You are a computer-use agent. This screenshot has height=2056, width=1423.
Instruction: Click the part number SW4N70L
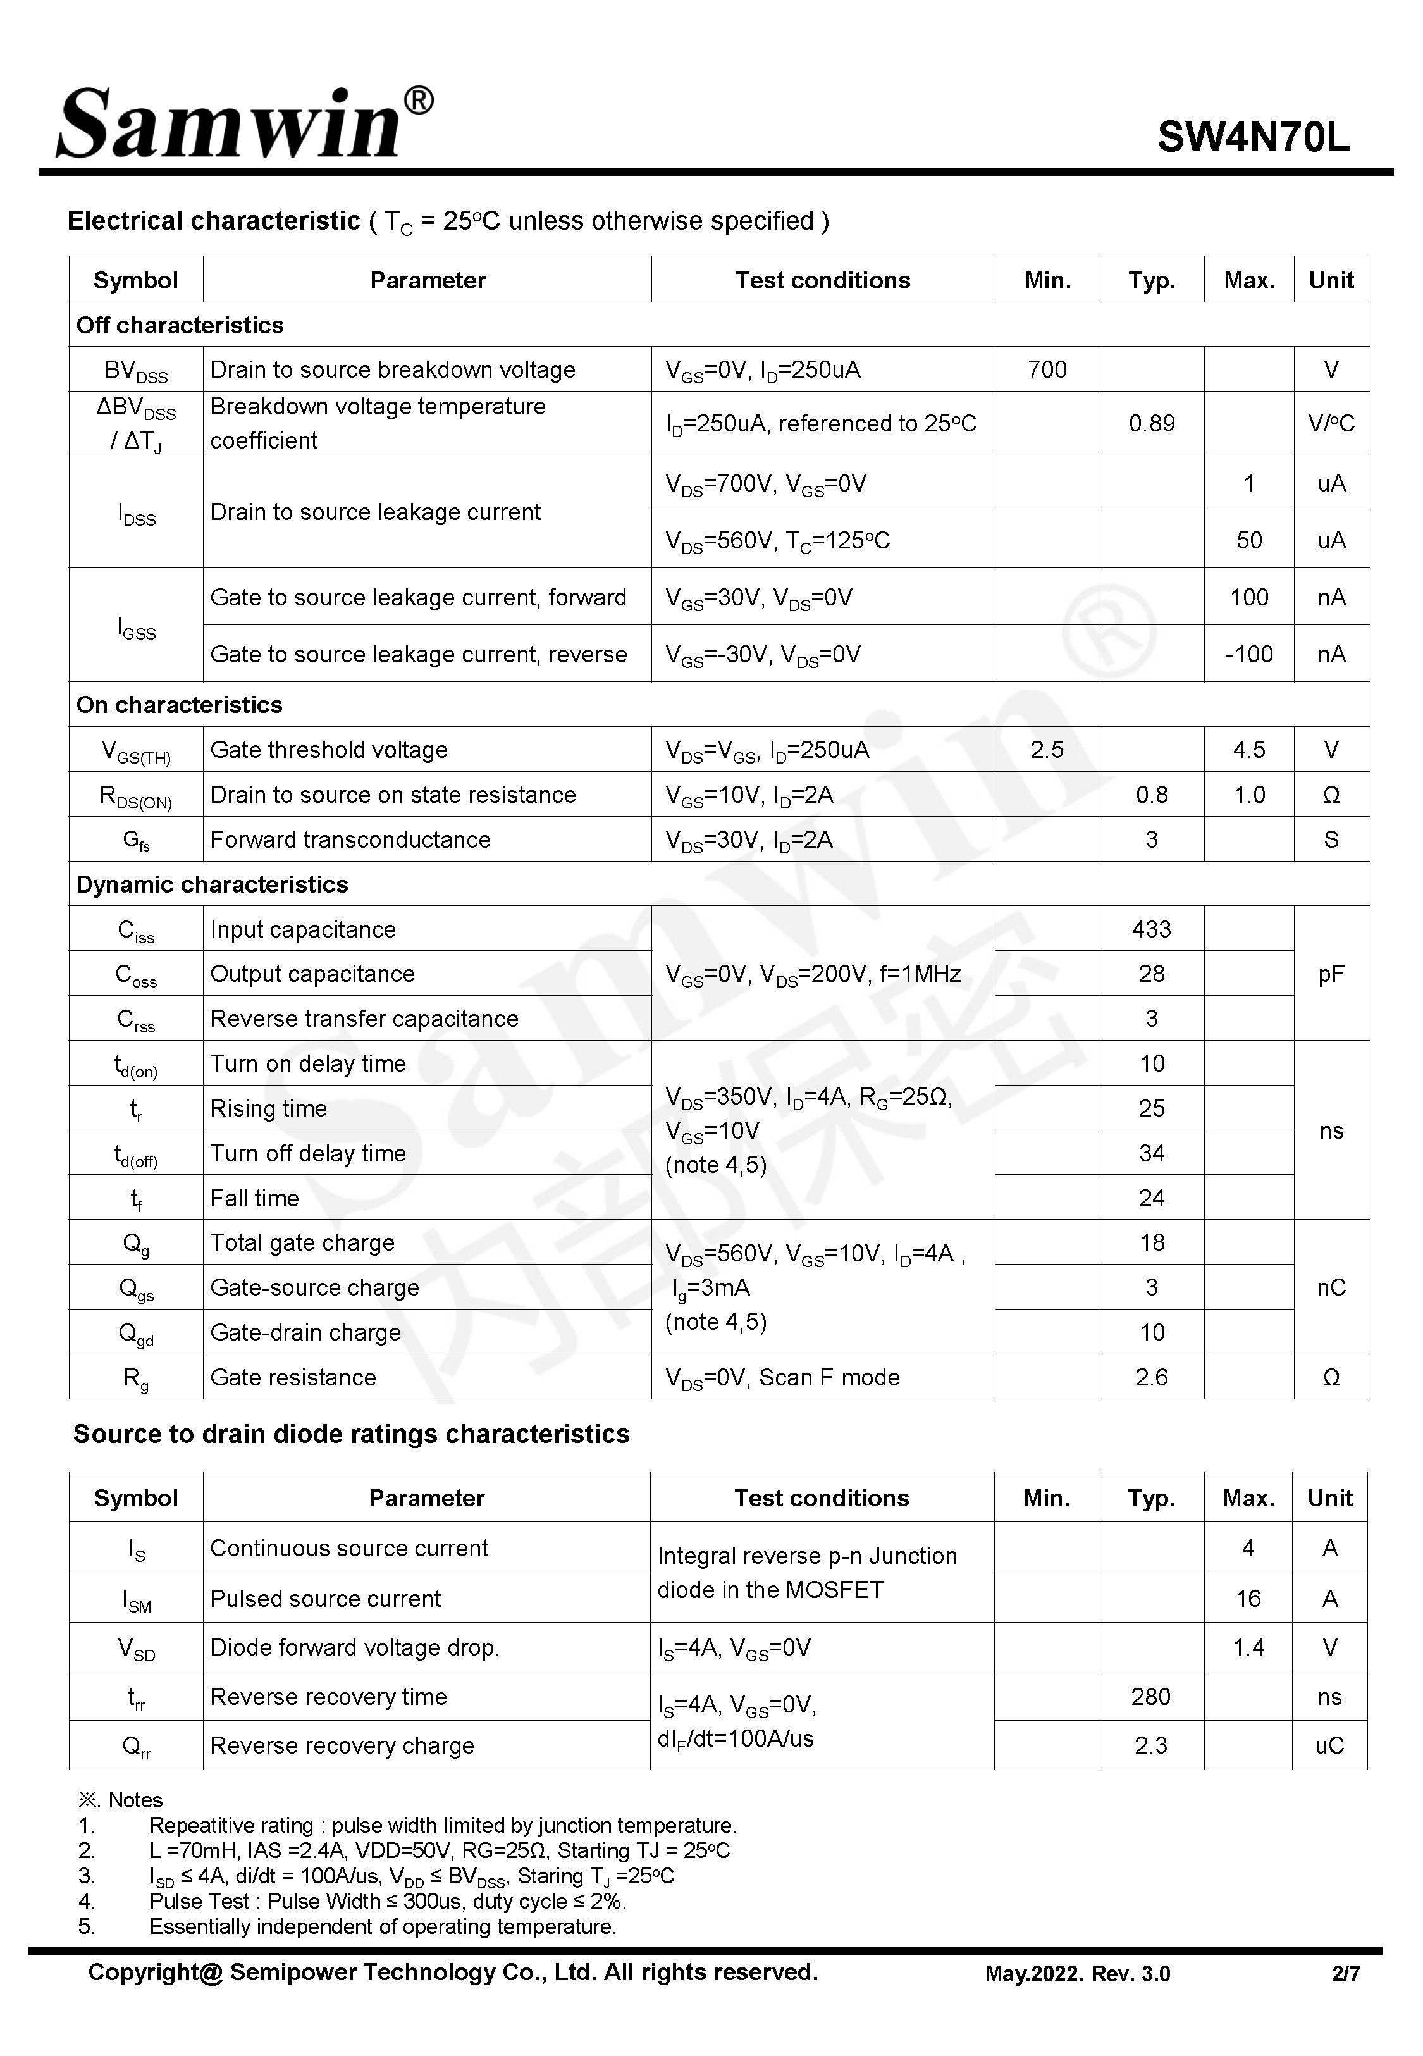click(1253, 137)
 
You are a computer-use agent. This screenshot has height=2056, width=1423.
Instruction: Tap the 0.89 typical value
click(1151, 423)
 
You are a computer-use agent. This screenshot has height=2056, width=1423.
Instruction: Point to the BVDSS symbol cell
click(135, 371)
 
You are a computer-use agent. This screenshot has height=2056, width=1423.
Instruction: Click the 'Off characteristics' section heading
click(180, 325)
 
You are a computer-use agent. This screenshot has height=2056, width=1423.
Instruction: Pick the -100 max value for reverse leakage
click(1248, 654)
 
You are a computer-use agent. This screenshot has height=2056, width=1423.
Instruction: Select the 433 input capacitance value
click(1151, 929)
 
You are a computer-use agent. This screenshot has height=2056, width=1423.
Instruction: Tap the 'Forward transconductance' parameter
click(350, 840)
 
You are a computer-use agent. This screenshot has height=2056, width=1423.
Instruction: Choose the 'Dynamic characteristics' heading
click(213, 884)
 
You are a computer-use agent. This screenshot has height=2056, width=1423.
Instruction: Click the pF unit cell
click(1330, 974)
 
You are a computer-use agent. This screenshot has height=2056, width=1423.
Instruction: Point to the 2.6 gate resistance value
click(1151, 1377)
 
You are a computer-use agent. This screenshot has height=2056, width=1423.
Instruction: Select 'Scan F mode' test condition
click(829, 1377)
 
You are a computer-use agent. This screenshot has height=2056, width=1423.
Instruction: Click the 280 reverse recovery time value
click(1150, 1697)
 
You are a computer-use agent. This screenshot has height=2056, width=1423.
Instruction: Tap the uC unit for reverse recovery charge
click(1329, 1746)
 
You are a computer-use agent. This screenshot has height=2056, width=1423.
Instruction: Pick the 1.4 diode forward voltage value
click(1248, 1648)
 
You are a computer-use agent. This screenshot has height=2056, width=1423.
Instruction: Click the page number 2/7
click(1345, 1974)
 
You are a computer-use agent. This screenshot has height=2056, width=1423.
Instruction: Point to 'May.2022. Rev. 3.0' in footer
click(1077, 1974)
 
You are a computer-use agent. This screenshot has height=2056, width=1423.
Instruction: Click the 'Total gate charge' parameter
click(302, 1243)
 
